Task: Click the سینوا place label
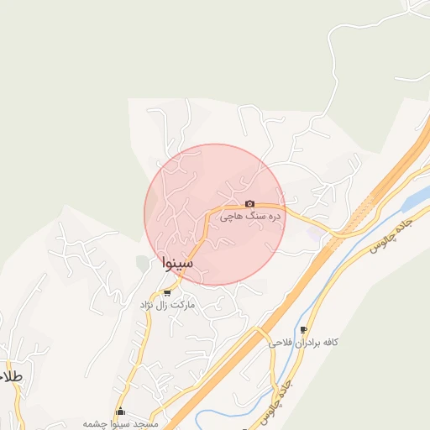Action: click(x=177, y=264)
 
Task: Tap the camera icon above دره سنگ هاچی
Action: click(x=249, y=204)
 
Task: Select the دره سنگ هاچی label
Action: click(x=250, y=217)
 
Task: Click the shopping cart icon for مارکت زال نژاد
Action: click(x=168, y=293)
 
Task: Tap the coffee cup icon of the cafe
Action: click(x=303, y=329)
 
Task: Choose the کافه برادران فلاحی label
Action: click(x=303, y=343)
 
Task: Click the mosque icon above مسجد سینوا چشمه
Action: click(x=121, y=412)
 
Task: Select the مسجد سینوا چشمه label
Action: click(x=118, y=423)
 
